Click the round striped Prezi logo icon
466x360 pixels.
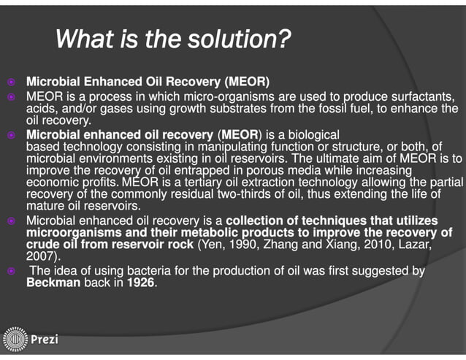(15, 340)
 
